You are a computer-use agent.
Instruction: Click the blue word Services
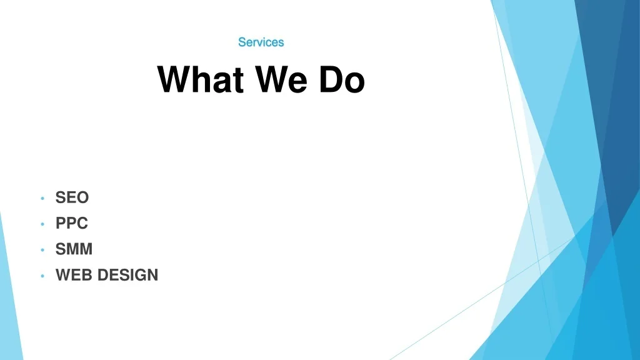[261, 42]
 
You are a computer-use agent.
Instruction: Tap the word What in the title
[201, 79]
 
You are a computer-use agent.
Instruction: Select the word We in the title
[281, 79]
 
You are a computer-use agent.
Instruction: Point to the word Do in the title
[342, 79]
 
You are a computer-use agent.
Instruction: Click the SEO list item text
[72, 197]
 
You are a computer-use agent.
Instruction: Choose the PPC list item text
[72, 223]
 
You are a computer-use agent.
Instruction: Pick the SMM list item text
[74, 249]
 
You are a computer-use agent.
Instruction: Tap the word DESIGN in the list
[127, 275]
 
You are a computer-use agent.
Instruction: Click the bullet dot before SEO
[42, 198]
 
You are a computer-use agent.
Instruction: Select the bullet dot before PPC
[42, 224]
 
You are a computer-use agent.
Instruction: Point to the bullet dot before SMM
[42, 250]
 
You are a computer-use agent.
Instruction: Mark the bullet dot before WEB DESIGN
[42, 276]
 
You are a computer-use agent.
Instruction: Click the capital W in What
[174, 79]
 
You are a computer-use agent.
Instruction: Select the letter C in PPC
[82, 223]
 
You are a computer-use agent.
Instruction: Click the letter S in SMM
[61, 249]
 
